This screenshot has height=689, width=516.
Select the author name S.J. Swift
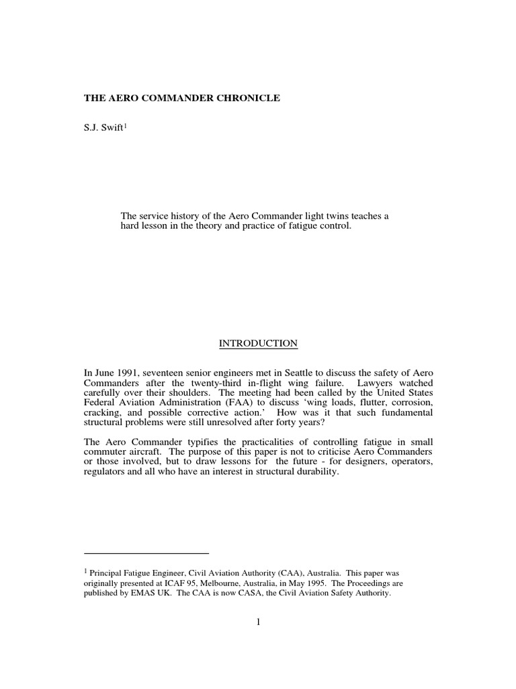point(103,128)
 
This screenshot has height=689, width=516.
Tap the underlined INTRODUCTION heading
point(258,343)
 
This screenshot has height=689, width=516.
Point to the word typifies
point(191,441)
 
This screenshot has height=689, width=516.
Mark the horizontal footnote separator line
point(146,552)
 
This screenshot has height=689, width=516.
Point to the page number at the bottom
point(258,622)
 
